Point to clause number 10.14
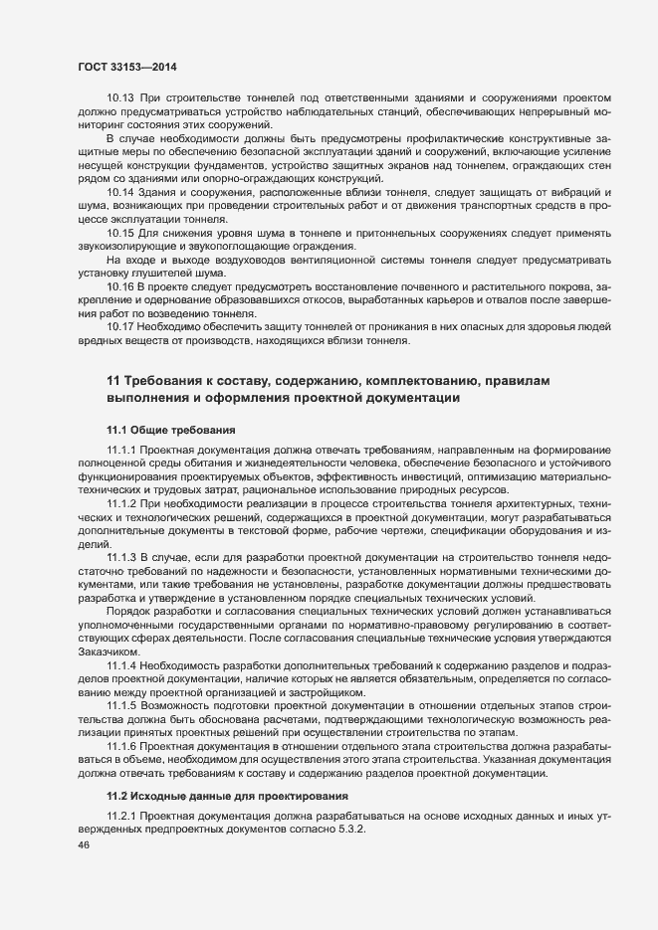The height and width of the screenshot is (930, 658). point(120,190)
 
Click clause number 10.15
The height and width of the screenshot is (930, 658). point(120,232)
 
